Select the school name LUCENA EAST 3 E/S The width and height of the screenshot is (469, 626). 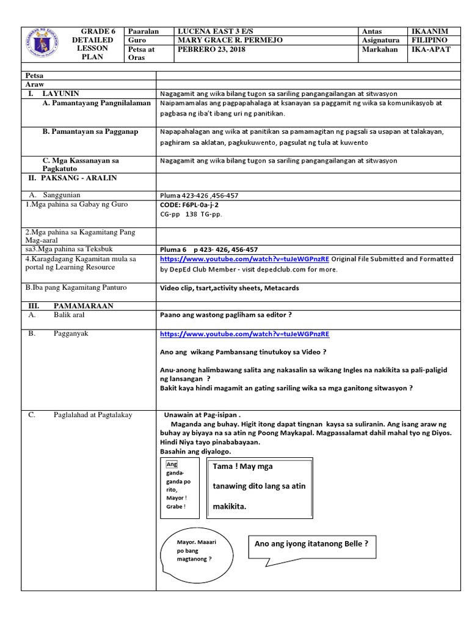(216, 32)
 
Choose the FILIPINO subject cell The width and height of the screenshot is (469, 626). (431, 40)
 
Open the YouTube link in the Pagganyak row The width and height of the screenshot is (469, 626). (244, 334)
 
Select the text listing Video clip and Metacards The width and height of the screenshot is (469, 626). (220, 288)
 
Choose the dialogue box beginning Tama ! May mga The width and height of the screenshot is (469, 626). (260, 487)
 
